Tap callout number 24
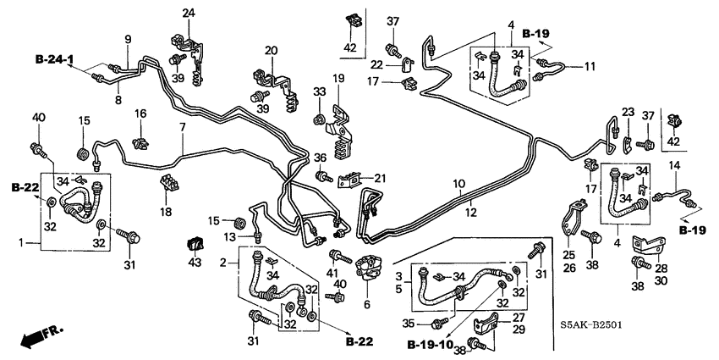pos(188,13)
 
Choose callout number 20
pos(271,51)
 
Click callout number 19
pos(338,79)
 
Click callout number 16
pos(140,114)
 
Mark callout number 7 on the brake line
pos(181,127)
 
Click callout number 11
pos(590,65)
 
